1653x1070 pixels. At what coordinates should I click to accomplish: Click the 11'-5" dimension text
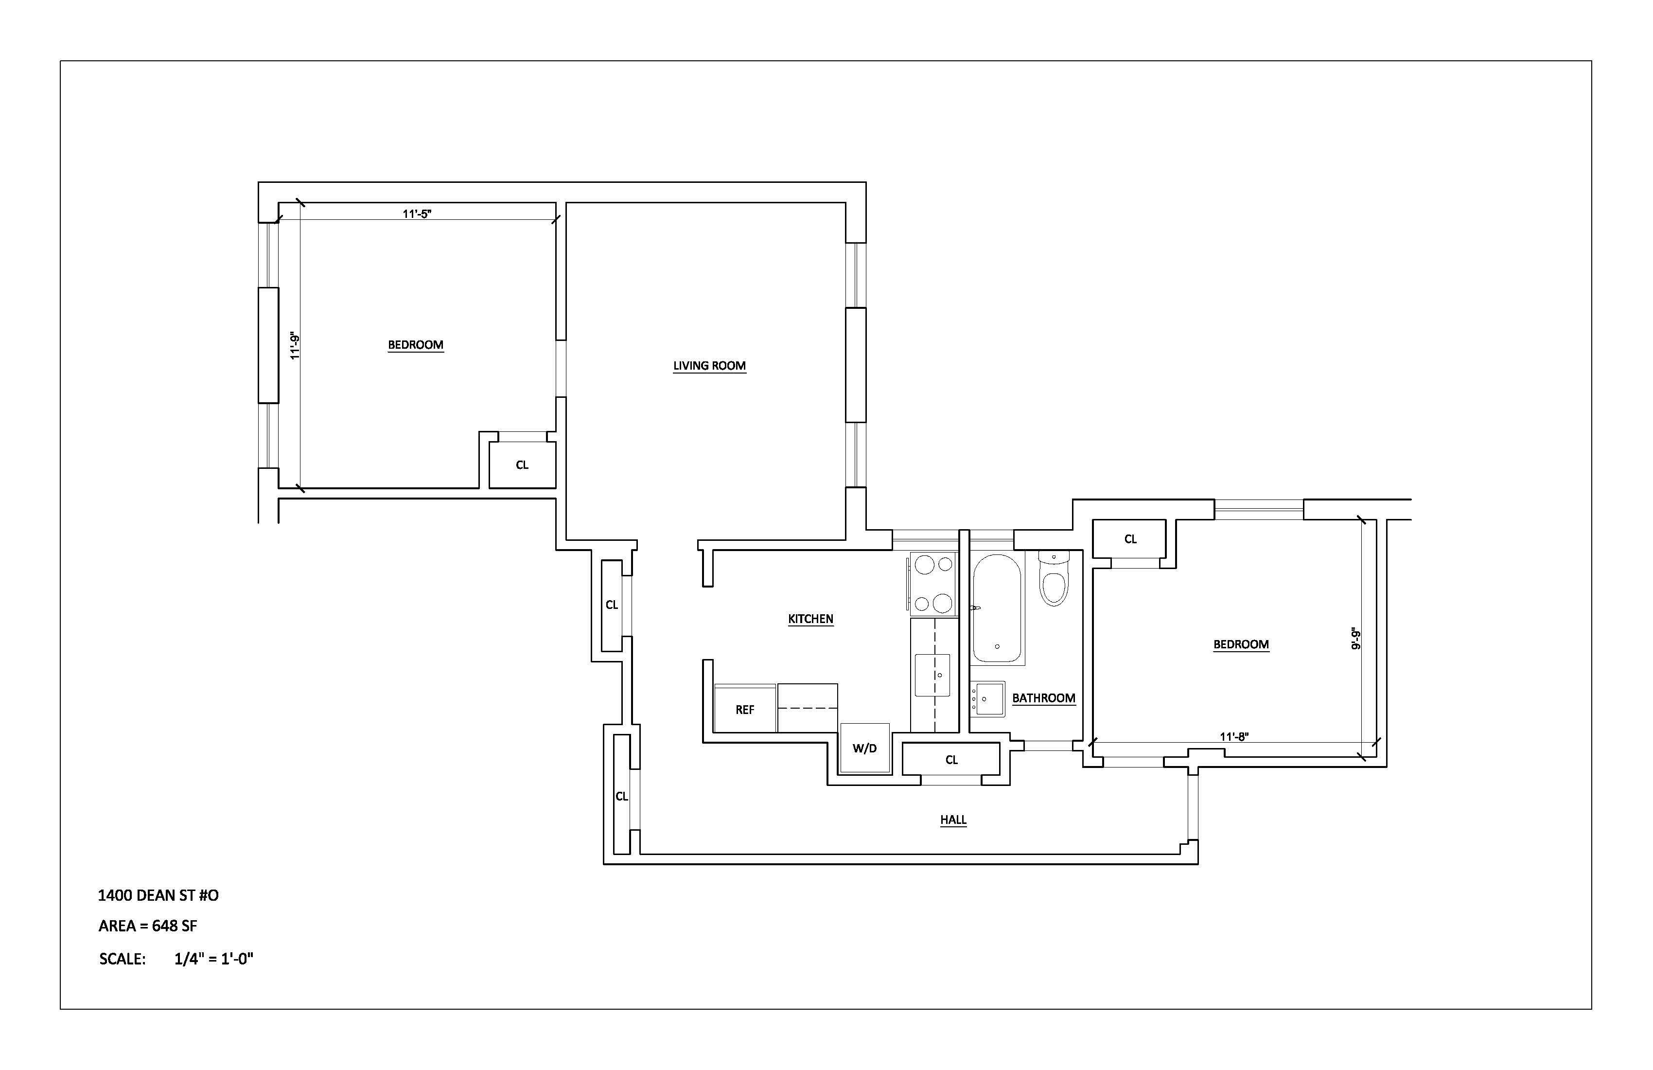click(417, 214)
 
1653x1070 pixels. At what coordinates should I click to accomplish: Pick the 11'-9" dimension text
click(295, 345)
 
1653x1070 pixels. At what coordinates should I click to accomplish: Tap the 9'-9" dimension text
click(1355, 638)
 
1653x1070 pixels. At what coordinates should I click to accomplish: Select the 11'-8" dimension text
click(1234, 736)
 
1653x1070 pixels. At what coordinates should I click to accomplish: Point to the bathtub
click(997, 608)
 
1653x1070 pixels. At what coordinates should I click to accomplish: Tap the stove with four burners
click(933, 584)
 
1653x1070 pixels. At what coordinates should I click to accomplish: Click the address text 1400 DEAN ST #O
click(158, 895)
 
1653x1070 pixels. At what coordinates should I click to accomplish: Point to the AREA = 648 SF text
click(148, 926)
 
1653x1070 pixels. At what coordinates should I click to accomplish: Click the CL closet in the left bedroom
click(522, 465)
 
